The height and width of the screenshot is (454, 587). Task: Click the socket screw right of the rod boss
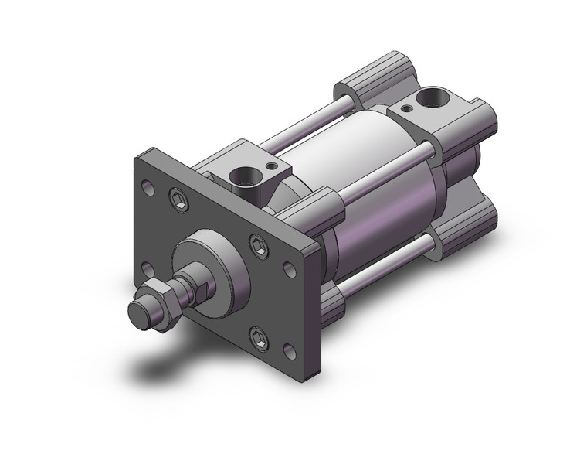259,246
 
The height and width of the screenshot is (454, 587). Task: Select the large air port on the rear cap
422,99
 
